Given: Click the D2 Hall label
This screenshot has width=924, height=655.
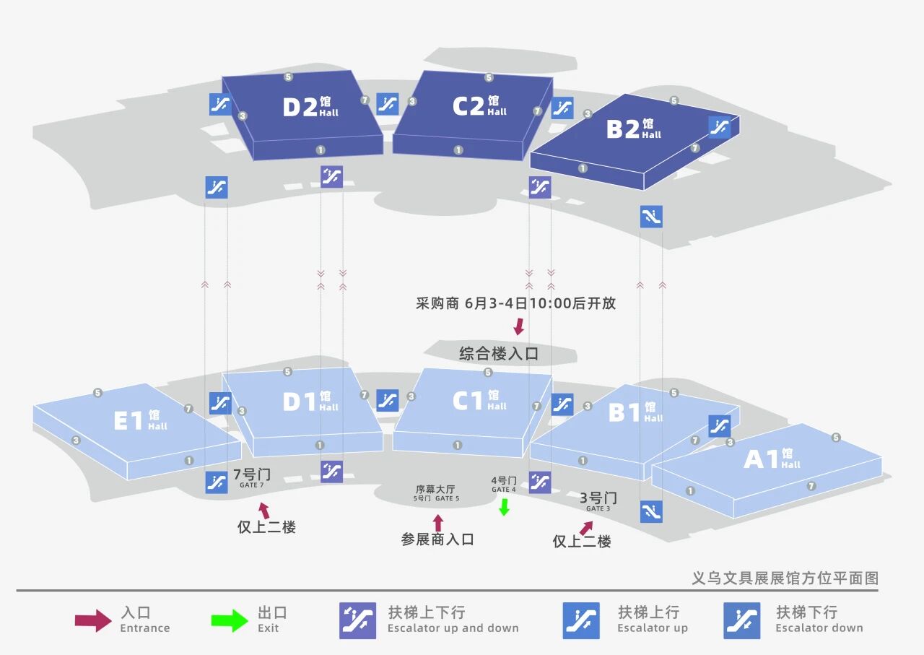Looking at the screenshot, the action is click(310, 106).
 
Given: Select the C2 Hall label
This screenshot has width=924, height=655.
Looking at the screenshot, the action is click(479, 105).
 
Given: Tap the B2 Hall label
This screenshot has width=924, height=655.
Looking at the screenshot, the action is click(634, 129).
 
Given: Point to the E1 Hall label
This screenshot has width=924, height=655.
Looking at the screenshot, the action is click(140, 420).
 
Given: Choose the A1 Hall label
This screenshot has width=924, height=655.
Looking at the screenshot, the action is click(772, 459).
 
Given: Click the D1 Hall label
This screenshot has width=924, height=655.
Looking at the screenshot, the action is click(310, 402).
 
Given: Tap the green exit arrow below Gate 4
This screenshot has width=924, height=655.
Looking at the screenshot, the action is click(504, 507).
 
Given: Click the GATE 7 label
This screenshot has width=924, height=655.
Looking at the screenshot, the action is click(252, 485).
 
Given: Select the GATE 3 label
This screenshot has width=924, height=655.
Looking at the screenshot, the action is click(598, 508).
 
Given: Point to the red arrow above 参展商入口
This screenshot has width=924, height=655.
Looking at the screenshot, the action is click(438, 523).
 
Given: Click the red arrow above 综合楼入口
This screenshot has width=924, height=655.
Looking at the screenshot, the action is click(519, 326).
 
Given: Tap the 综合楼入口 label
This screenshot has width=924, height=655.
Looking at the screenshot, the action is click(499, 354).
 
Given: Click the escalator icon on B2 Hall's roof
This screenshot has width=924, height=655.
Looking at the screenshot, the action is click(720, 126).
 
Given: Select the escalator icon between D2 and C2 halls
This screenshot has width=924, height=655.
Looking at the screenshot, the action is click(388, 104).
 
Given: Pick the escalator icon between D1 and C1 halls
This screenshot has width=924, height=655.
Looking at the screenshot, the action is click(388, 400).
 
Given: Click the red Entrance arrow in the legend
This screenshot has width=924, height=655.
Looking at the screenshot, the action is click(93, 620).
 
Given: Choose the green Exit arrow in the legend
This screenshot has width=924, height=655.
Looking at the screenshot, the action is click(230, 620).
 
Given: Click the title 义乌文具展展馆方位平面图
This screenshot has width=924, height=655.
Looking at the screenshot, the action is click(785, 578).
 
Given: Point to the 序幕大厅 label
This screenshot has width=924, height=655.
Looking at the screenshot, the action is click(435, 489).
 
